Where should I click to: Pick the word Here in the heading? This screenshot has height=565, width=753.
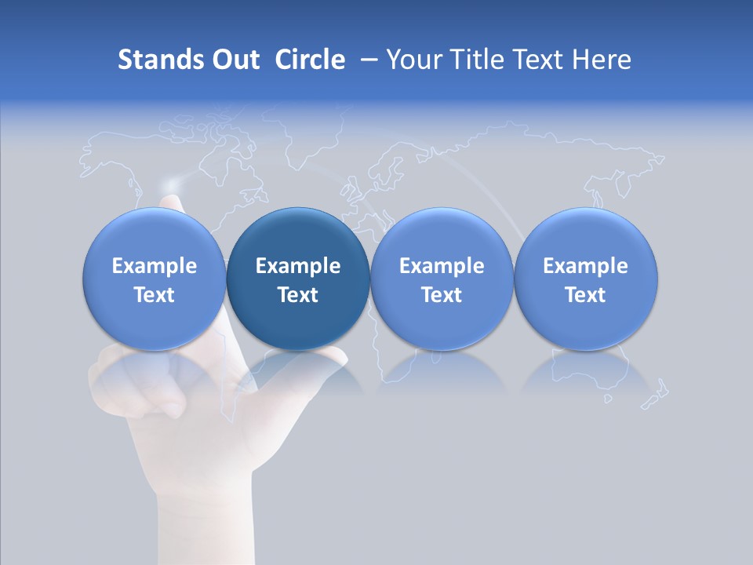(602, 60)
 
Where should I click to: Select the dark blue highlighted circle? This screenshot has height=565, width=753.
(298, 279)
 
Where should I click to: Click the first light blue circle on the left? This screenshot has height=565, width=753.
(154, 279)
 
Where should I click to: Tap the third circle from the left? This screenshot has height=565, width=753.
(442, 279)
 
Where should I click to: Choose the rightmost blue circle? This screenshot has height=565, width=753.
(586, 279)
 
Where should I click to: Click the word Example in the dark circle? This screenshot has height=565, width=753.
(298, 266)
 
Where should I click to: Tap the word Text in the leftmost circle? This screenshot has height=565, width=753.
(154, 295)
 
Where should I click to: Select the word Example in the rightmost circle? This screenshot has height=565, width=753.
(586, 266)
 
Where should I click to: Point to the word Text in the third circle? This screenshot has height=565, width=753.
(442, 295)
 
